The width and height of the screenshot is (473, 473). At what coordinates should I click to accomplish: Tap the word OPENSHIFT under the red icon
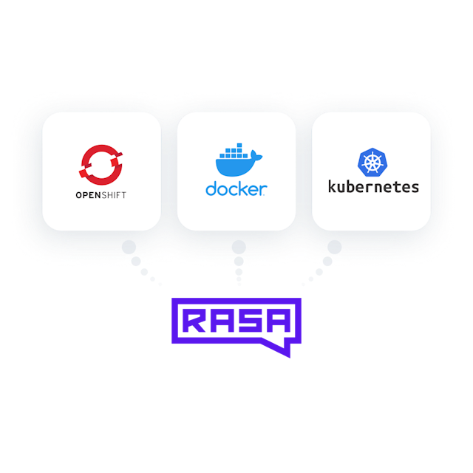point(101,197)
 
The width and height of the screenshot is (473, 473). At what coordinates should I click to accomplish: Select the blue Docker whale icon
point(236,162)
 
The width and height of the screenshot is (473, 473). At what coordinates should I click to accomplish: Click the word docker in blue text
point(236,188)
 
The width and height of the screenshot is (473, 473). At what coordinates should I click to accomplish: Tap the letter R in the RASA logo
point(194,321)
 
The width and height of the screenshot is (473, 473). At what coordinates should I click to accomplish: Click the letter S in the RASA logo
point(249,321)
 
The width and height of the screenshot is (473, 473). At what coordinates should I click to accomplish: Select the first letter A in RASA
point(222,321)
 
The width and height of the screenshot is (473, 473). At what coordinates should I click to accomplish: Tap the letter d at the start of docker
point(211,188)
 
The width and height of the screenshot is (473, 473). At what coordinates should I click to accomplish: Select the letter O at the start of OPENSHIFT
point(78,197)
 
